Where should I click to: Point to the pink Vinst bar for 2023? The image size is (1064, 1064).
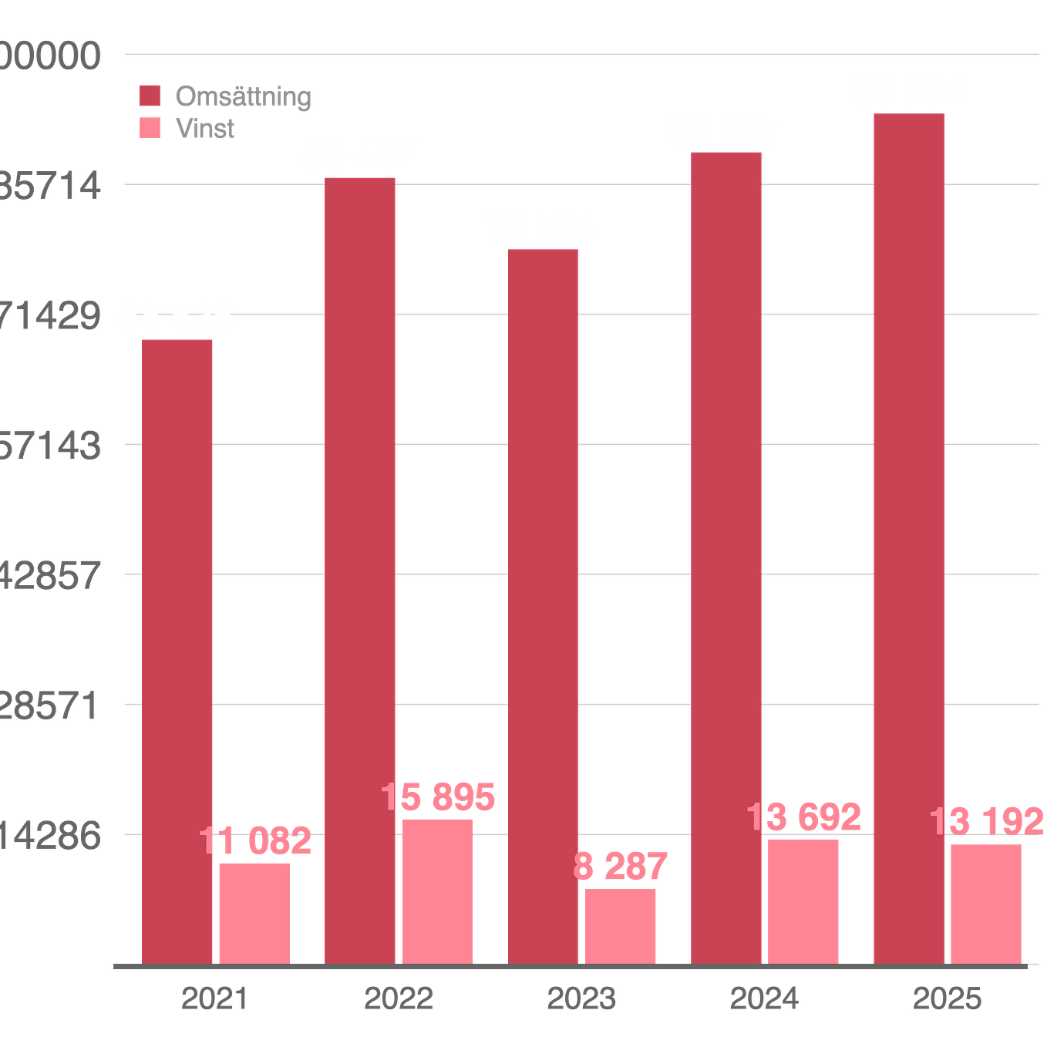tap(621, 925)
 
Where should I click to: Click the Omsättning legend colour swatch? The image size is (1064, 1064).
tap(150, 96)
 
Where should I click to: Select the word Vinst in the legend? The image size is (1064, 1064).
tap(205, 128)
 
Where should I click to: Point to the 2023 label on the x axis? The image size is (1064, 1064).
tap(581, 998)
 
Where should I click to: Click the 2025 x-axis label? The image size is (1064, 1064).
tap(948, 998)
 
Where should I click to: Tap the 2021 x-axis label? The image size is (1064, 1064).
tap(214, 998)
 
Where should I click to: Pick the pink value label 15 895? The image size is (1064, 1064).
tap(439, 797)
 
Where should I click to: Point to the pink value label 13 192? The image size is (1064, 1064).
tap(988, 821)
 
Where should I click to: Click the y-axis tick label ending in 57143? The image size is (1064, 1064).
tap(50, 445)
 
